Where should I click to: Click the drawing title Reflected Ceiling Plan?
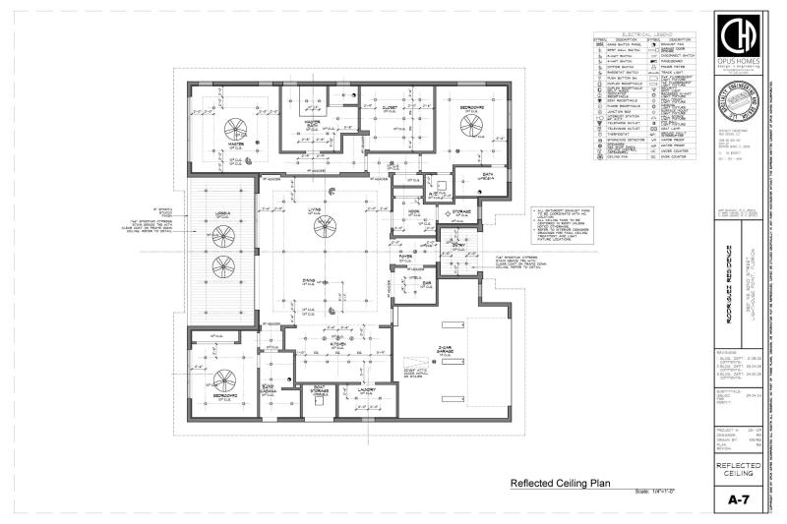click(x=558, y=483)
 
